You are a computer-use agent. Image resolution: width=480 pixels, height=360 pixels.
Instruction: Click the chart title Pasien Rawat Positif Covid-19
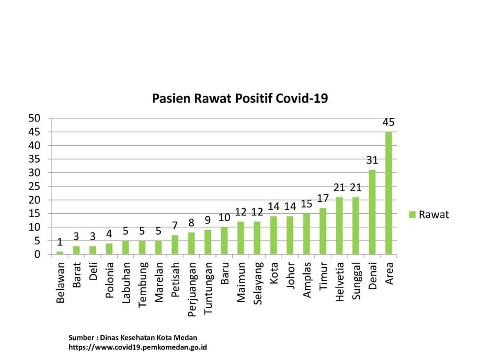point(240,98)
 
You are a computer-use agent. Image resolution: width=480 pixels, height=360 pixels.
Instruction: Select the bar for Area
point(389,193)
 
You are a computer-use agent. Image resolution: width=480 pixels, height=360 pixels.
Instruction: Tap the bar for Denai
point(372,212)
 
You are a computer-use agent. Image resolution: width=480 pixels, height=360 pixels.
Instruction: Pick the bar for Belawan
point(60,253)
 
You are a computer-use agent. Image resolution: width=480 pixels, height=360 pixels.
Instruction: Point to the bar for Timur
point(323,231)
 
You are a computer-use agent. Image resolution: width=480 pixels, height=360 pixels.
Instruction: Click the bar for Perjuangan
point(192,244)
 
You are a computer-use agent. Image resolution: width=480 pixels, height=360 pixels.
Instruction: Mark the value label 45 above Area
point(388,122)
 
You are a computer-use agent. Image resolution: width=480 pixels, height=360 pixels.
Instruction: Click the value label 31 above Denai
point(372,160)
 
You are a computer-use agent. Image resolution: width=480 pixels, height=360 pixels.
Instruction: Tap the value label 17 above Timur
point(323,198)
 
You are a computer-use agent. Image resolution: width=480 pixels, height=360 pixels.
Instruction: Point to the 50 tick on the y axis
point(35,118)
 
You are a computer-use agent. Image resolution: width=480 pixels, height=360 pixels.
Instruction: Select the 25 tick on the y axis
point(35,186)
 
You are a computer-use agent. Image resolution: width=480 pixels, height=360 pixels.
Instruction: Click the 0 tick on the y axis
point(37,254)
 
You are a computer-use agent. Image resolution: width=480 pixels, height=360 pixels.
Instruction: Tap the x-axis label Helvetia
point(340,282)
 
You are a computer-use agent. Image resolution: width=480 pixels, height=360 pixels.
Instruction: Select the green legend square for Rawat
point(412,215)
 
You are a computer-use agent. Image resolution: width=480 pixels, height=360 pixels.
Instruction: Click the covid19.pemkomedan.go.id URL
point(137,347)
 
